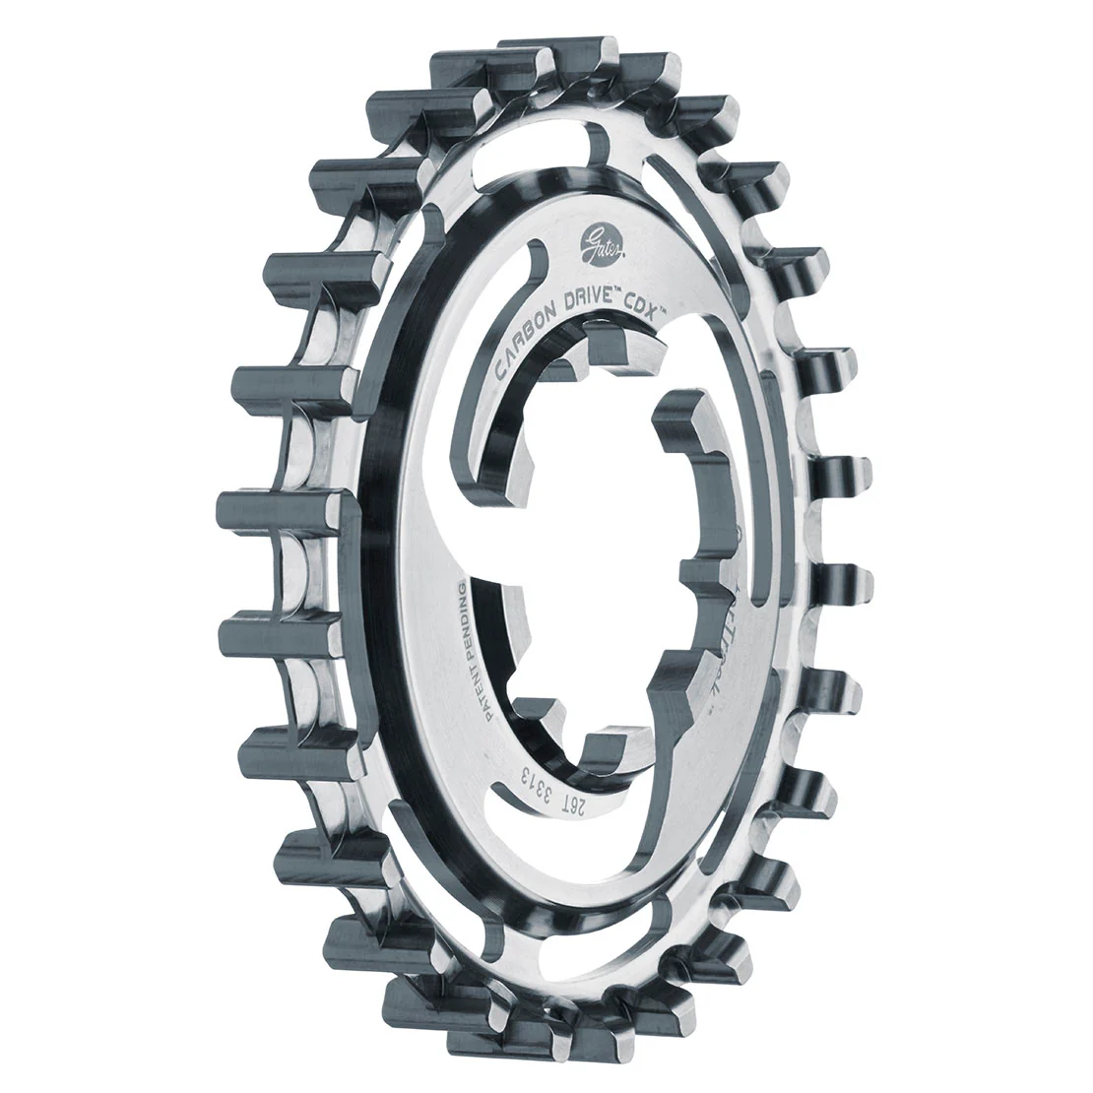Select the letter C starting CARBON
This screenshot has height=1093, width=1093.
tap(502, 370)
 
